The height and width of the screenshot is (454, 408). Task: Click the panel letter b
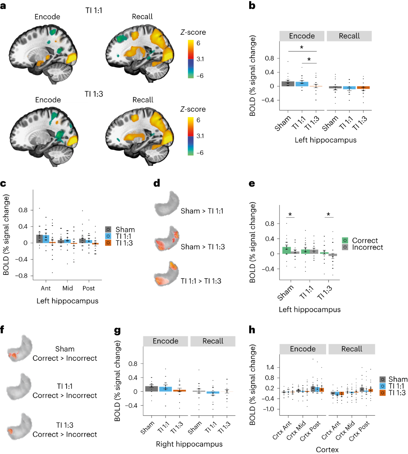pos(252,6)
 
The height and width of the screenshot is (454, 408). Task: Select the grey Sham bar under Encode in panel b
pos(288,84)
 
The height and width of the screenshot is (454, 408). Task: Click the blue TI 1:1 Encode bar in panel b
pos(302,84)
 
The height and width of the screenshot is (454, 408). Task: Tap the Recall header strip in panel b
pos(349,36)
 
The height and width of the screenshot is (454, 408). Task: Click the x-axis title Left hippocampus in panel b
pos(325,140)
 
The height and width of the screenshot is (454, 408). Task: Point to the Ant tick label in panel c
pos(46,288)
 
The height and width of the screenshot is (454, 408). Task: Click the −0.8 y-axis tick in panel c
pos(23,276)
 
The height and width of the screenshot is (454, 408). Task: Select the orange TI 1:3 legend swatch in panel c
pos(108,243)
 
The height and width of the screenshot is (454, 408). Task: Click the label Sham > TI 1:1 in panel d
pos(202,211)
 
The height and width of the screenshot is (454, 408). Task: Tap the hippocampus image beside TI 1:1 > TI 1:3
pos(167,275)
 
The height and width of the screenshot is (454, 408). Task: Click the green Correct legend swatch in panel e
pos(345,240)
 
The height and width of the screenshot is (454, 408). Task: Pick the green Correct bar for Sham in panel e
pos(287,250)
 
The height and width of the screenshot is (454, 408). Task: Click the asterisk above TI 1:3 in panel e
pos(328,215)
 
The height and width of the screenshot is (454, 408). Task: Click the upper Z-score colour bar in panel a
pos(190,59)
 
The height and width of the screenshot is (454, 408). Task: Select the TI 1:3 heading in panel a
pos(94,94)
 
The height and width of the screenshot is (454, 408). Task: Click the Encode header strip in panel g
pos(166,341)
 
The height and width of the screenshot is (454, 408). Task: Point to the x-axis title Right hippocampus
pos(189,444)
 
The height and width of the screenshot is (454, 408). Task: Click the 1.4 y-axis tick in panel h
pos(270,367)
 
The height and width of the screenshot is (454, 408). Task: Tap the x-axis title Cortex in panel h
pos(327,450)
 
